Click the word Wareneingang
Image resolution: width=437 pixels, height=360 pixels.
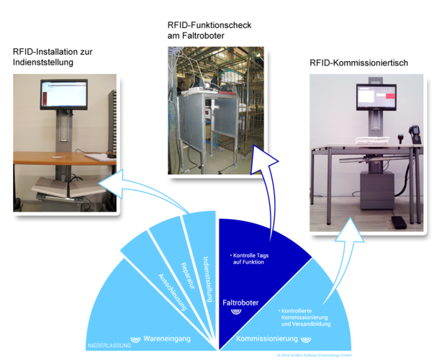pos(167,338)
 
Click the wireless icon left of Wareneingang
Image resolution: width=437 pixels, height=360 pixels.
pos(134,338)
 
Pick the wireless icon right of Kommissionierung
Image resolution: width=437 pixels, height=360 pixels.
pos(306,338)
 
